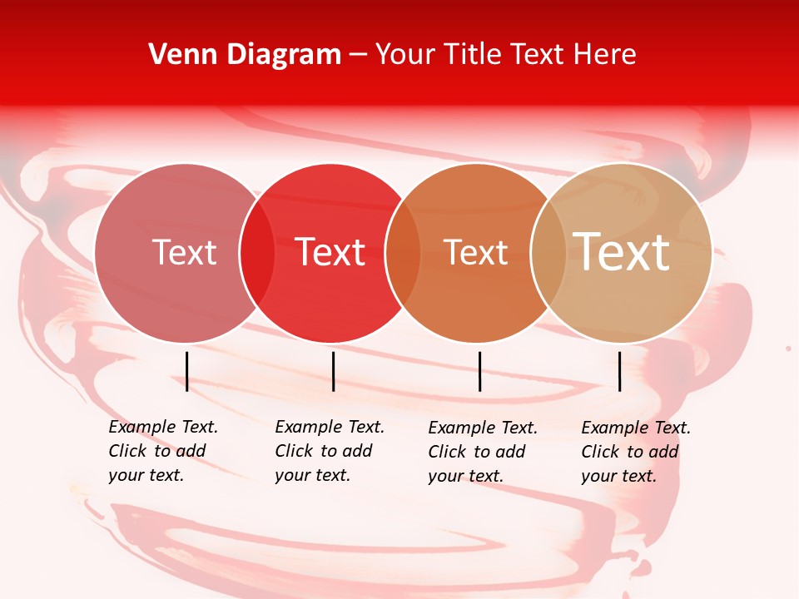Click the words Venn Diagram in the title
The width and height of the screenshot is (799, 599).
245,54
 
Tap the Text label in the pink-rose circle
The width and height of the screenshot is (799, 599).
184,252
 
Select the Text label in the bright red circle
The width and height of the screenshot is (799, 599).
330,252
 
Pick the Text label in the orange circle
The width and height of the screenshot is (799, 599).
475,252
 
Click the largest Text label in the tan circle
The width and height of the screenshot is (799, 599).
622,251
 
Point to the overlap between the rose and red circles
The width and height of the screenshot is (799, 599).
257,253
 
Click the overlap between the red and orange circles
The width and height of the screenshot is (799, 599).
403,253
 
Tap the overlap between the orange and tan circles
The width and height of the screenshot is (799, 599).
548,253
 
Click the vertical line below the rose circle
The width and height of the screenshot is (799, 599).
187,371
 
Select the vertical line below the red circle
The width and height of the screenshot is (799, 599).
333,371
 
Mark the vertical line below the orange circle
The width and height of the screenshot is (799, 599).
479,371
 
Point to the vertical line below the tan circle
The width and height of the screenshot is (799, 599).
619,371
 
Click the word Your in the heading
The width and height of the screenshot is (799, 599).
405,54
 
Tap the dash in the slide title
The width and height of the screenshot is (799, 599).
358,55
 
